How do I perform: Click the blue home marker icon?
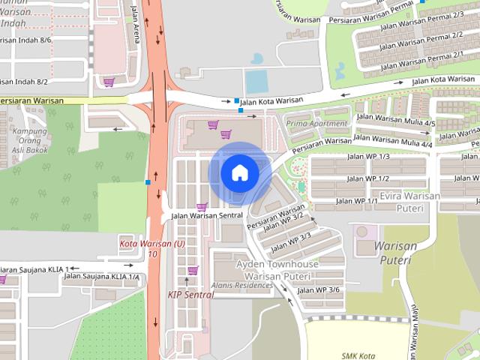point(239,172)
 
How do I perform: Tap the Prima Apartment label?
point(317,124)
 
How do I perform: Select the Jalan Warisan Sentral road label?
point(206,216)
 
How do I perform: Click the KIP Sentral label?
point(190,295)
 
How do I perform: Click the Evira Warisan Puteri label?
point(409,202)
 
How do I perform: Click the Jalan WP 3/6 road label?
point(318,290)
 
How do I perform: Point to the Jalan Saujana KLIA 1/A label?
point(101,277)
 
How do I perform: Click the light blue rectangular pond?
point(256,81)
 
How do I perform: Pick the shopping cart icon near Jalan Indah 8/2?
point(109,82)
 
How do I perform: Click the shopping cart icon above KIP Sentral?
point(193,271)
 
